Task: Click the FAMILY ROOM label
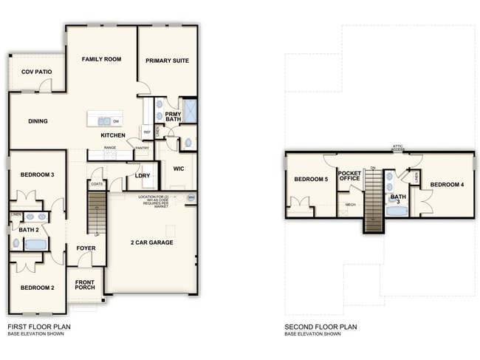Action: (x=101, y=59)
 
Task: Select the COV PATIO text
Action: (x=35, y=72)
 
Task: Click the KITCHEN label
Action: (x=113, y=135)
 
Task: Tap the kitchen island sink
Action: (x=101, y=120)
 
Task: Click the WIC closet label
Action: (x=178, y=169)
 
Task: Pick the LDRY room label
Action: (x=143, y=175)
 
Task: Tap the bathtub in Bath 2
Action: (x=35, y=243)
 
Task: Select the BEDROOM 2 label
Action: (x=36, y=288)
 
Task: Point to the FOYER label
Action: (x=86, y=248)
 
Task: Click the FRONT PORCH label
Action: (x=90, y=285)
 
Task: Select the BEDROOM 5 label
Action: (x=310, y=180)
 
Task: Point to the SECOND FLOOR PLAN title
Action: (x=320, y=326)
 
